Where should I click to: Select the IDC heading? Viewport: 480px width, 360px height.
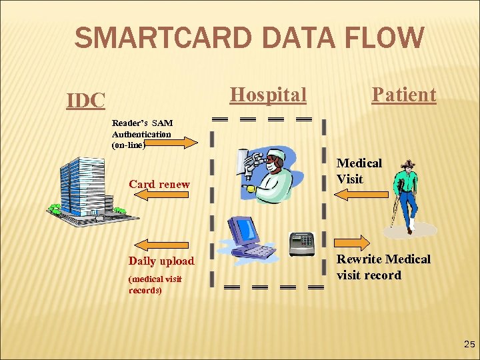[x=86, y=100]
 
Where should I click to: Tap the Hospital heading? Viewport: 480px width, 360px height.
[x=268, y=95]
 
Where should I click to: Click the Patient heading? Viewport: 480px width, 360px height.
[x=404, y=95]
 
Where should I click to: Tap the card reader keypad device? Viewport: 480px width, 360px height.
[x=301, y=243]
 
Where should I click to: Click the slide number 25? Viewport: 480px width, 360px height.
[x=469, y=344]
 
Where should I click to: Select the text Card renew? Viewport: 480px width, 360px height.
[x=159, y=184]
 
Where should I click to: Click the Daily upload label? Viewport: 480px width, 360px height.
[x=161, y=261]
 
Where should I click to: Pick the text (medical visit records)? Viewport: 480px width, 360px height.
[x=155, y=285]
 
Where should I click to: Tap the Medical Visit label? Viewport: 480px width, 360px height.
[x=359, y=171]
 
